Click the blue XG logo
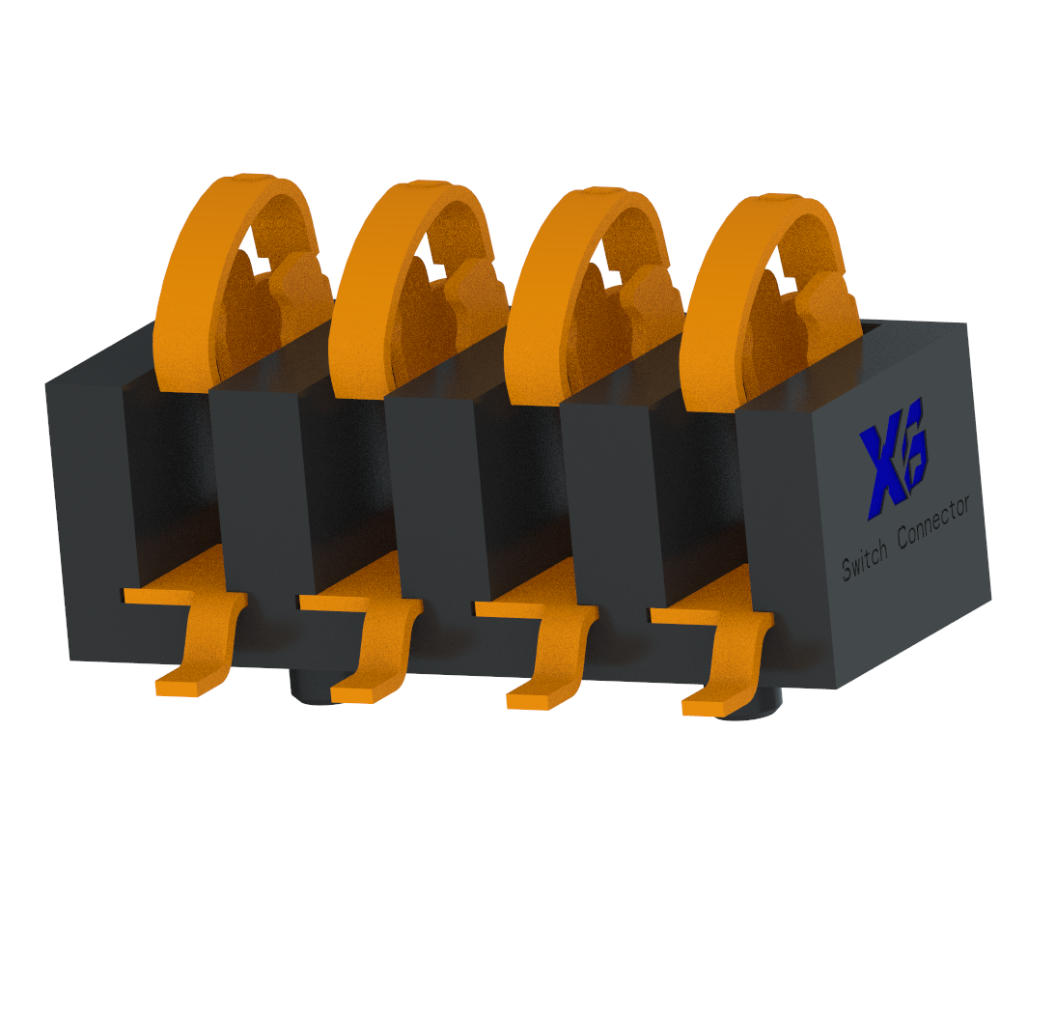coord(894,458)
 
